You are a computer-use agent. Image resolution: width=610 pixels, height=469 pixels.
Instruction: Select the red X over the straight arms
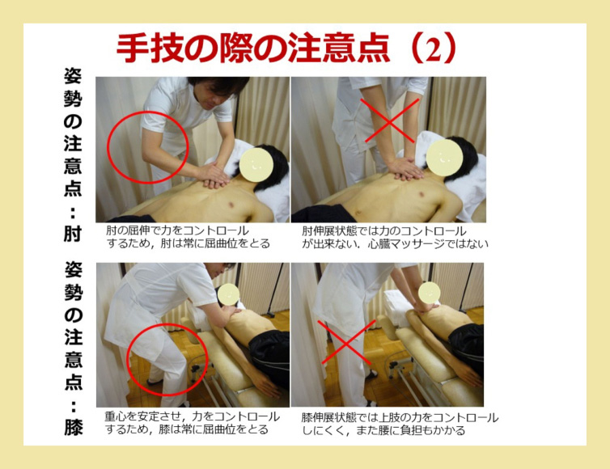point(389,120)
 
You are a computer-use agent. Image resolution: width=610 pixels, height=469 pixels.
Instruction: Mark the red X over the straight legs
point(346,342)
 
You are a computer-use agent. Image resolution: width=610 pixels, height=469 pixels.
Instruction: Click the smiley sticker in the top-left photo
point(256,165)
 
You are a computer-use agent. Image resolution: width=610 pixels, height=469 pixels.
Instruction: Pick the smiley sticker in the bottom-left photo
point(229,294)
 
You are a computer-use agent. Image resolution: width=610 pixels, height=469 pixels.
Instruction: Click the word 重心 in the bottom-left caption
point(115,416)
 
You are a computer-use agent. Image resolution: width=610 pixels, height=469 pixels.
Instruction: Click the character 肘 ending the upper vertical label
point(73,234)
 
